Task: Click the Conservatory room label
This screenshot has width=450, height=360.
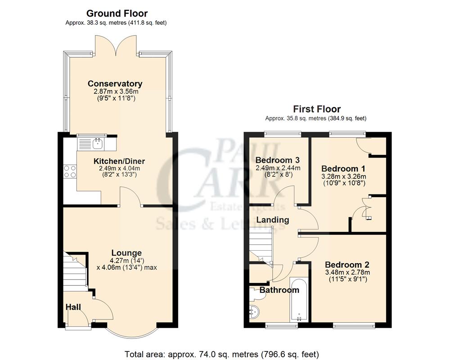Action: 115,84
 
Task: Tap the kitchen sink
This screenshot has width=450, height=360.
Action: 97,144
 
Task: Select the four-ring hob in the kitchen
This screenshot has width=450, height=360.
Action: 70,172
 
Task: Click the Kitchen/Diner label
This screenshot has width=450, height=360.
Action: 119,161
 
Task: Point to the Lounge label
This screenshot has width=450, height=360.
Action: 126,253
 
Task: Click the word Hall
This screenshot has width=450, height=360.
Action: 73,307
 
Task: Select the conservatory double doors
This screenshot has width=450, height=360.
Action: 117,47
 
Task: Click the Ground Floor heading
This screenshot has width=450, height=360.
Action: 117,13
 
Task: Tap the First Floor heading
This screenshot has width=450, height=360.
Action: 317,109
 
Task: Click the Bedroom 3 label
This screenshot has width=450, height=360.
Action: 278,160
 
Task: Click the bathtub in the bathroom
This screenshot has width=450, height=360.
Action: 297,301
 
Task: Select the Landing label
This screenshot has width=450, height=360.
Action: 273,220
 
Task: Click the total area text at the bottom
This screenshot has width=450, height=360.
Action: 221,354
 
